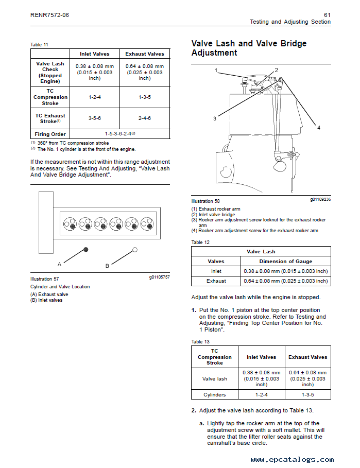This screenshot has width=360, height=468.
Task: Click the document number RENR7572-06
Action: (x=49, y=15)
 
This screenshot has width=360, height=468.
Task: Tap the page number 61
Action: (x=327, y=15)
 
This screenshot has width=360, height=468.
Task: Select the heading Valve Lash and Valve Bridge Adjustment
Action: (x=249, y=48)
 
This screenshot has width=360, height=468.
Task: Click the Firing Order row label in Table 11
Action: (x=50, y=134)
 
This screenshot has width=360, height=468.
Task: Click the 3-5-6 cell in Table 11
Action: (x=94, y=118)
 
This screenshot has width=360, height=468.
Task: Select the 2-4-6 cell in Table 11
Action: (x=145, y=118)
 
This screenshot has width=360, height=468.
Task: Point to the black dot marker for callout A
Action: (x=86, y=250)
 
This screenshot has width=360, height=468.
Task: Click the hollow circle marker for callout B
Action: (x=135, y=250)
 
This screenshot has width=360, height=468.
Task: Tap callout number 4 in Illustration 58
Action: (x=319, y=128)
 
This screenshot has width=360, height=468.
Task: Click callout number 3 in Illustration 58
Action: (x=215, y=118)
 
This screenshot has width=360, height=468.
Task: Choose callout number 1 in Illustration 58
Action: (x=216, y=70)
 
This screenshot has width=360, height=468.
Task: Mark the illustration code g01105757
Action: (x=159, y=277)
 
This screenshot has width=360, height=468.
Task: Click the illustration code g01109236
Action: (x=320, y=199)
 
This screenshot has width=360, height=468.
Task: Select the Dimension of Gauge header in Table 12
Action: (x=286, y=262)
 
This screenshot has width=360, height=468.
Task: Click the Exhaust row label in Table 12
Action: (x=216, y=281)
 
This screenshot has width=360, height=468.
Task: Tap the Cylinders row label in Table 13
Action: (x=215, y=395)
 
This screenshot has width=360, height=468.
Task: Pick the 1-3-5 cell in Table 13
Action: (x=307, y=395)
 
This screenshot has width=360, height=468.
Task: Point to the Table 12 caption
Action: (x=200, y=242)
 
